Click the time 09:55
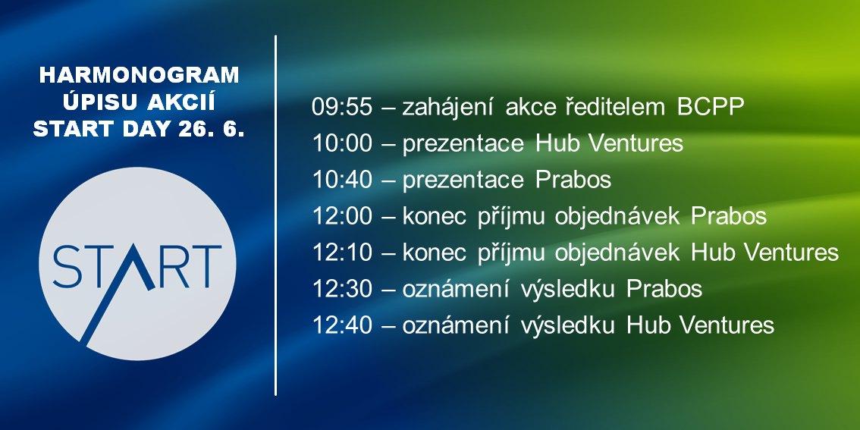coord(342,108)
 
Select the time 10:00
coord(342,143)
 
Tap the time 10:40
coord(342,180)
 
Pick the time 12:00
coord(342,216)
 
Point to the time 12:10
coord(342,253)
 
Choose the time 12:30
coord(342,288)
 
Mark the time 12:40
coord(342,325)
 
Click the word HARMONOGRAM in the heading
coord(140,76)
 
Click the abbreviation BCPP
coord(711,108)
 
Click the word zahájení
coord(449,108)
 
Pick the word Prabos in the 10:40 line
coord(573,180)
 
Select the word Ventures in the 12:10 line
coord(792,253)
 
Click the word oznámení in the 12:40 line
coord(457,325)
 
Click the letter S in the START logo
coord(67,266)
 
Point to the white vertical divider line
coord(275,215)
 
